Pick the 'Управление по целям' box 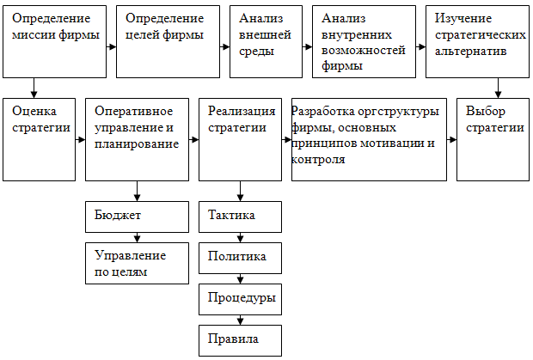click(x=137, y=263)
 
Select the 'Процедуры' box click(x=240, y=298)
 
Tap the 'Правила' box click(x=240, y=339)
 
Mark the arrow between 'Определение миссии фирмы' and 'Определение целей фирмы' click(x=112, y=47)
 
